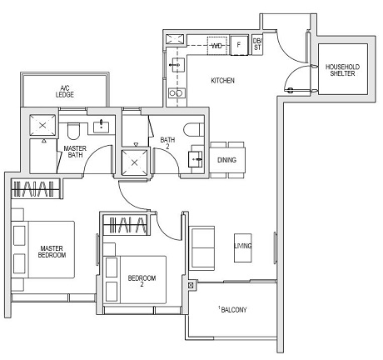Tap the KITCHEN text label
222,81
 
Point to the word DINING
226,159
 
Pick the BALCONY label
232,310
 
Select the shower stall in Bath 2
133,161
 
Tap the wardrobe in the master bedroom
34,189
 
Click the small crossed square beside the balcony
192,287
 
